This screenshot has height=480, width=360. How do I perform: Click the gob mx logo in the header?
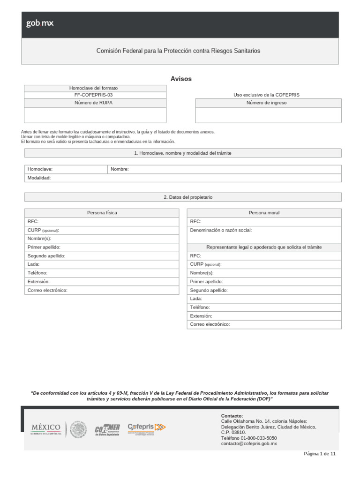(40, 23)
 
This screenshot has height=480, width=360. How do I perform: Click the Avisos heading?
(181, 79)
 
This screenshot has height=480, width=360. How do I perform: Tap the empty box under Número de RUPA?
(95, 115)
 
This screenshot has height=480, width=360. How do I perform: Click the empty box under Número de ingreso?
(268, 115)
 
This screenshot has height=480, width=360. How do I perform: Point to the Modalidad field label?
(39, 178)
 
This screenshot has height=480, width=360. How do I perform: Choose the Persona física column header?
(102, 213)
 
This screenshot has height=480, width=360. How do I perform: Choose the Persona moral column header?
(264, 213)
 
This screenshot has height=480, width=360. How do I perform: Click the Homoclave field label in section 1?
(40, 169)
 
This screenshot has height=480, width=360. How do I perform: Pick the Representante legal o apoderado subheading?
(264, 247)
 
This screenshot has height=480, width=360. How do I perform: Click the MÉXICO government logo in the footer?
(46, 428)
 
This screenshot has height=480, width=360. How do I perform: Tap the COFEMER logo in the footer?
(107, 429)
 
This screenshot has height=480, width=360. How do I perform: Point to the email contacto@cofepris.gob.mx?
(249, 443)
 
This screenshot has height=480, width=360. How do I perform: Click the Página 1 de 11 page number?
(320, 454)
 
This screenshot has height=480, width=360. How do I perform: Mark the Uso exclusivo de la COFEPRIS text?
(266, 95)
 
